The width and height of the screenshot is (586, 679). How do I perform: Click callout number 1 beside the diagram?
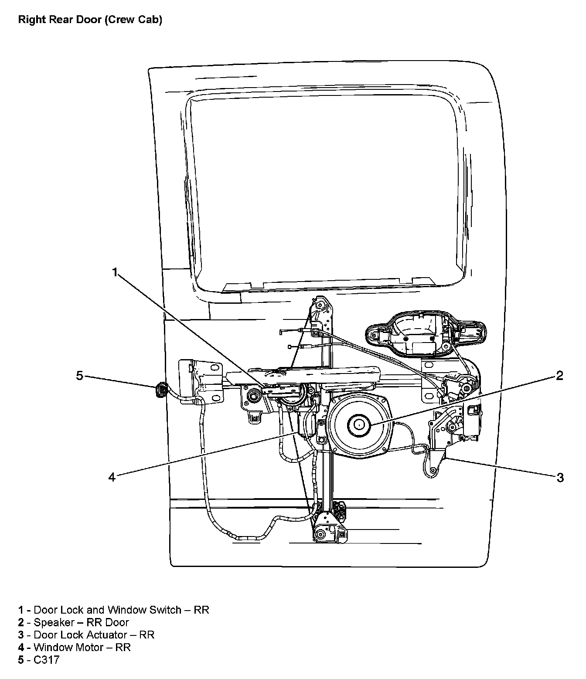click(115, 272)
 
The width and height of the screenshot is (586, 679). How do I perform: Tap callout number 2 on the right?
click(560, 376)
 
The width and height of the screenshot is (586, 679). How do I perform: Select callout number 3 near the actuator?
click(560, 478)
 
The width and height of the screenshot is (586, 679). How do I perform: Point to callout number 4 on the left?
click(112, 478)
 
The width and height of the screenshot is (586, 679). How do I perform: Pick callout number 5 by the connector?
click(79, 376)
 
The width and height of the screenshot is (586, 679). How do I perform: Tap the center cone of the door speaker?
click(359, 424)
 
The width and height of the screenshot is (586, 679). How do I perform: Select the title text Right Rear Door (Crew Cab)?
click(90, 20)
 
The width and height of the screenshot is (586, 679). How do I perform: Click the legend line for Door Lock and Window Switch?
click(113, 610)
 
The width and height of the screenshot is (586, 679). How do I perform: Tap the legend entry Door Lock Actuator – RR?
click(86, 635)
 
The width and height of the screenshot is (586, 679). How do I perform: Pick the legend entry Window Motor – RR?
click(74, 647)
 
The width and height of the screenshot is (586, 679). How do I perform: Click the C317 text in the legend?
click(46, 660)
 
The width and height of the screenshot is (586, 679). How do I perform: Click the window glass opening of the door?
click(327, 187)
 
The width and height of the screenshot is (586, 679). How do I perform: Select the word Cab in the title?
click(150, 20)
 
